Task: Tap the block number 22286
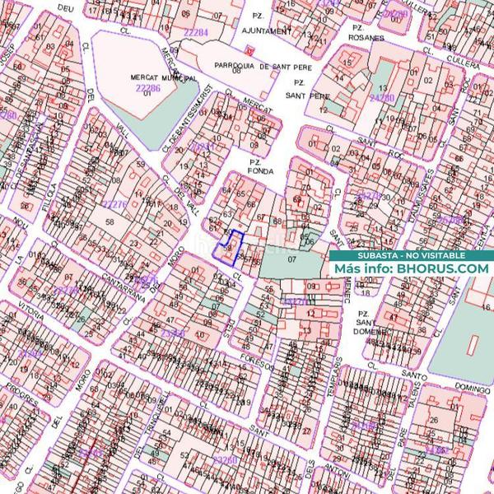[148, 86]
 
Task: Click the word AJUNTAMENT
[268, 31]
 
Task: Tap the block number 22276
[113, 203]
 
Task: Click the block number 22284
[196, 32]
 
